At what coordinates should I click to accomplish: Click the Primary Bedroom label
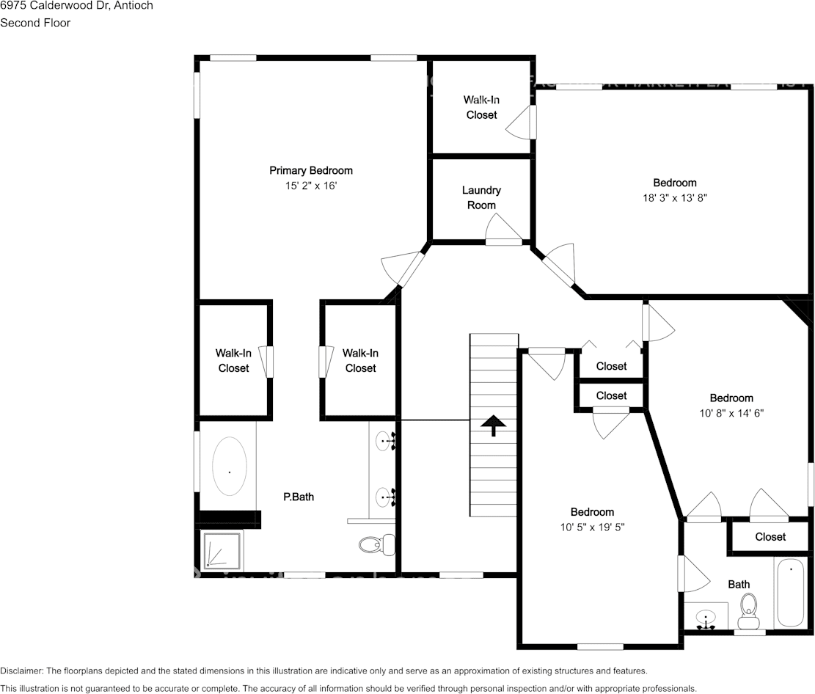point(310,170)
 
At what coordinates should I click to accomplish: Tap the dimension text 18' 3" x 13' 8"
point(675,197)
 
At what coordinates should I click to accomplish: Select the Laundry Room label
point(481,197)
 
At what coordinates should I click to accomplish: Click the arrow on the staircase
point(493,425)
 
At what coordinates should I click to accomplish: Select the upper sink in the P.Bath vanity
point(384,442)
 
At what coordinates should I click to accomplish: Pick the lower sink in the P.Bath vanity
point(384,498)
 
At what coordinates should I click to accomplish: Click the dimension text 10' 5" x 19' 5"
point(592,527)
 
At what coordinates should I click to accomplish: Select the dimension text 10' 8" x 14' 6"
point(731,413)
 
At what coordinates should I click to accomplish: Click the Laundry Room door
point(504,241)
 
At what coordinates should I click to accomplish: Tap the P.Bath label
point(299,497)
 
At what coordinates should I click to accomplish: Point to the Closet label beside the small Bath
point(770,537)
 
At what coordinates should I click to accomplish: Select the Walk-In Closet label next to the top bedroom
point(481,107)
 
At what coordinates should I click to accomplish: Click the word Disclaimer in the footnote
point(21,671)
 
